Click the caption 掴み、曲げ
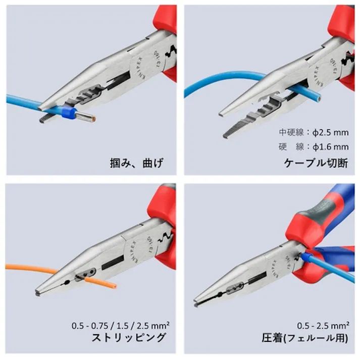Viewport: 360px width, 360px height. pyautogui.click(x=137, y=163)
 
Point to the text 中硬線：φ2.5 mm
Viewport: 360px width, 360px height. pyautogui.click(x=314, y=133)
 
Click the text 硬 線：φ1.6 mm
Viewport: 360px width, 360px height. pyautogui.click(x=314, y=147)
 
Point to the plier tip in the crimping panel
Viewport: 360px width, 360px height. pyautogui.click(x=197, y=304)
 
